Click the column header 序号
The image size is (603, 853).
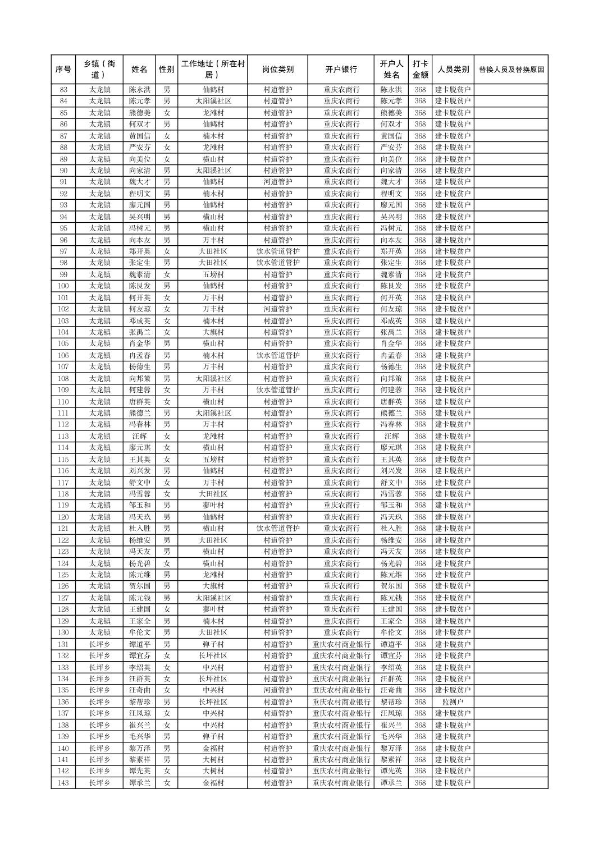63,70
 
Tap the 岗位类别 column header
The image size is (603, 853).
277,70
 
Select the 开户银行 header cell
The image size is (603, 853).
341,70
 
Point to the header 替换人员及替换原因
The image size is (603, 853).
511,70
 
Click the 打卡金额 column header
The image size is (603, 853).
420,70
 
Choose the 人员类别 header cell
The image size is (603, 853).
453,70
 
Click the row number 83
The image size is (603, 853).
63,90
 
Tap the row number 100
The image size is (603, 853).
63,286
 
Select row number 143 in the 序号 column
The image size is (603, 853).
63,783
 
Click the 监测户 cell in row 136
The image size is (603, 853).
453,702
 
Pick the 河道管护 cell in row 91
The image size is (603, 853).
277,182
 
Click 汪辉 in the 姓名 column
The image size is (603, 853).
139,436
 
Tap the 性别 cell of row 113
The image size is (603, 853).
167,436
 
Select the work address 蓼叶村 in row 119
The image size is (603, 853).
213,505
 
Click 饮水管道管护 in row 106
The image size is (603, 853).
277,355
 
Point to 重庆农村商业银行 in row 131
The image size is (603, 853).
341,644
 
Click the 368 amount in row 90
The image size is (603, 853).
420,171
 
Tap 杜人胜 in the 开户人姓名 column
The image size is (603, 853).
391,529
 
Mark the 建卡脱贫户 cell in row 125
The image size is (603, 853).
453,575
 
